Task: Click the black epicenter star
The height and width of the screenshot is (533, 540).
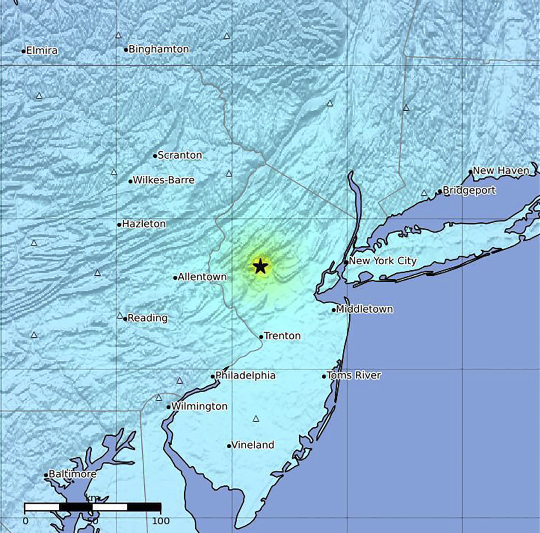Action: pos(260,266)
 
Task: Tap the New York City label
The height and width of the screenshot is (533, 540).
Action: pos(382,261)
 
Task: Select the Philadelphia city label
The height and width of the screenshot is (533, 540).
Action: pos(245,375)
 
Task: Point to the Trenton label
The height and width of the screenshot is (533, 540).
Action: pos(282,336)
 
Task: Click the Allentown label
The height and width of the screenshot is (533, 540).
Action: pos(202,277)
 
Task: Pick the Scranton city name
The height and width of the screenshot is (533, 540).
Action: pos(180,155)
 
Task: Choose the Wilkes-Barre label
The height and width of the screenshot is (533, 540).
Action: pos(164,180)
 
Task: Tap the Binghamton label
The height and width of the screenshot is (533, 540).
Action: pos(159,49)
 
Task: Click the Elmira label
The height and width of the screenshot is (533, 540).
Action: pos(42,51)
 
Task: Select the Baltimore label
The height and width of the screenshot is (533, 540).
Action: pos(73,474)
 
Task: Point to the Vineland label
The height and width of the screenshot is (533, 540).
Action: pos(253,445)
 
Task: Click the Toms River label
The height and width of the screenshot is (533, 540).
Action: pos(354,375)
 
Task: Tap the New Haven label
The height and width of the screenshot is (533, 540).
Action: pos(501,171)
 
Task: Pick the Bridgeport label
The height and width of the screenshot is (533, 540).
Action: pos(469,191)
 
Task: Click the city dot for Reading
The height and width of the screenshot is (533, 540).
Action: pos(125,319)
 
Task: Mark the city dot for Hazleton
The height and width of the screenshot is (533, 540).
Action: pos(119,225)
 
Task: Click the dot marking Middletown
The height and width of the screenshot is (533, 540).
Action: pos(334,310)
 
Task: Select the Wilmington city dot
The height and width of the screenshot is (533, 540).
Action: pos(169,407)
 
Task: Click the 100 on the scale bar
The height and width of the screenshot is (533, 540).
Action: pos(161,521)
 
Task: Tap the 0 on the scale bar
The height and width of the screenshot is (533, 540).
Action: pos(25,521)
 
